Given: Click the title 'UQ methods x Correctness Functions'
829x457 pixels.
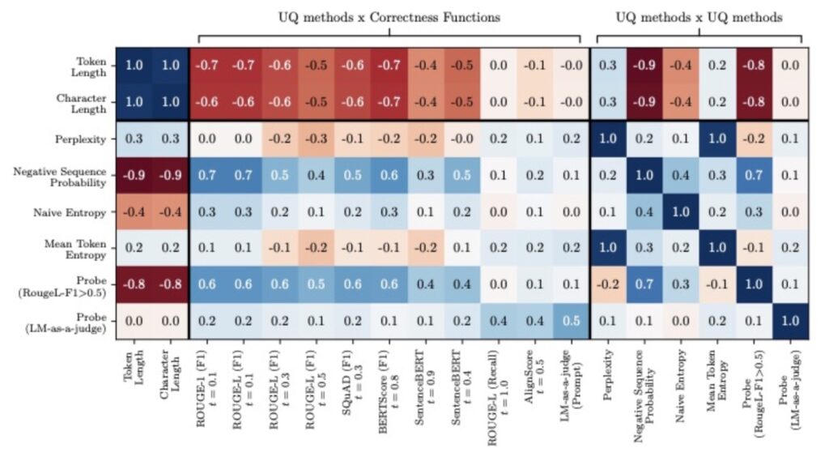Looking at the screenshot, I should tap(388, 17).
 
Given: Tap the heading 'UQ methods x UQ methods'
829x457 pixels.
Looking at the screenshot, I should tap(699, 17).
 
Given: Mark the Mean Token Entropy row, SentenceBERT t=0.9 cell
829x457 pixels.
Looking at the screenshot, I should tap(426, 250).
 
